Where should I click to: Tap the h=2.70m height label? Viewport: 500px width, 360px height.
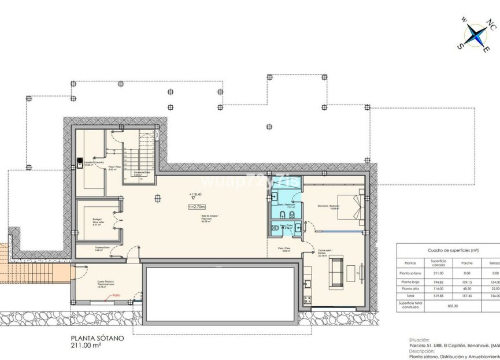(197, 206)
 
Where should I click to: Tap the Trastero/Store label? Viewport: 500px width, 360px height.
(103, 249)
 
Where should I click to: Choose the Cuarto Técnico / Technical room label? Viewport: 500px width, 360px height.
(106, 284)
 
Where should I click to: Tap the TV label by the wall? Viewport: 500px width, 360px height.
(359, 272)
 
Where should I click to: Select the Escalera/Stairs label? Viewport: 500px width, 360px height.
(142, 173)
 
